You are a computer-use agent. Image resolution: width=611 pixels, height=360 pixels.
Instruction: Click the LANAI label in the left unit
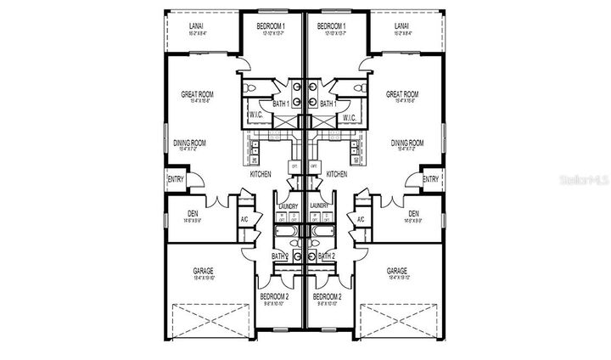[195, 26]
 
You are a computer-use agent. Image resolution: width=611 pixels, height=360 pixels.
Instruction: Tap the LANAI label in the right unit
[402, 26]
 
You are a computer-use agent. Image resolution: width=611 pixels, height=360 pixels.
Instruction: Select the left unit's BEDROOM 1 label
[271, 26]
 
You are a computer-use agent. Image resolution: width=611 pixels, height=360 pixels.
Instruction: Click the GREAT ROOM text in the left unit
[196, 94]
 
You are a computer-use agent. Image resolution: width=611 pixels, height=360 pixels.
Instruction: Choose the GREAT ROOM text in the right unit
[402, 94]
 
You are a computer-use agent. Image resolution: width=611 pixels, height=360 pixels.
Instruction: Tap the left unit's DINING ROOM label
[191, 143]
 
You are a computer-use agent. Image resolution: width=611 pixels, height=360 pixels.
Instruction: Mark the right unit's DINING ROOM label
[407, 143]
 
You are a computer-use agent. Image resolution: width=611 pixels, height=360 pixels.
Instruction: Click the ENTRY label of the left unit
[176, 179]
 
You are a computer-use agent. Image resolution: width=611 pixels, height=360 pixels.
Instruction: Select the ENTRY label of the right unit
[430, 179]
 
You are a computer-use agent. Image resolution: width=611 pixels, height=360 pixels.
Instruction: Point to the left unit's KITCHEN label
[261, 174]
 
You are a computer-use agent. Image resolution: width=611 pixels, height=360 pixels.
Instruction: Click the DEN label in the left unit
[193, 214]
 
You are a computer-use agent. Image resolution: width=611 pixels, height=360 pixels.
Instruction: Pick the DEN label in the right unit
[413, 214]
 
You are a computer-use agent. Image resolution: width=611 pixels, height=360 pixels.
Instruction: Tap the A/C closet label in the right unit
[361, 219]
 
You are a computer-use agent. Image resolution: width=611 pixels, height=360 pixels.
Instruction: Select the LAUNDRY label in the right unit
[320, 206]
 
